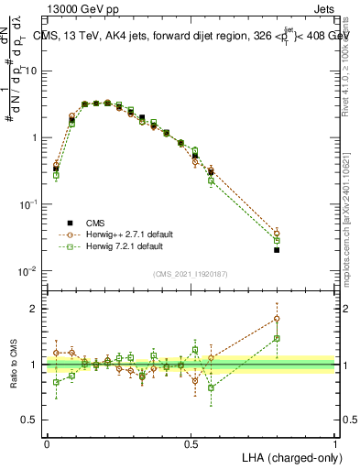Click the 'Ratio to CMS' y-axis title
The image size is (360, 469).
14,365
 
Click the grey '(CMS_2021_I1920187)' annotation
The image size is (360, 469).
191,274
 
